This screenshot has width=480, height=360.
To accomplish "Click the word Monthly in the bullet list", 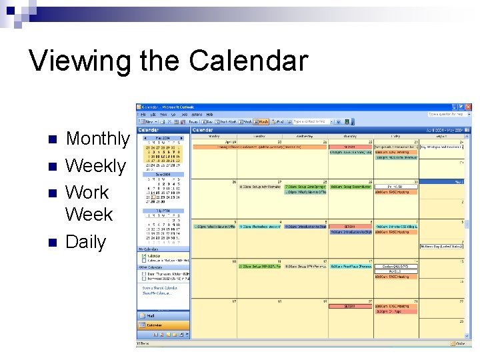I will [97, 139].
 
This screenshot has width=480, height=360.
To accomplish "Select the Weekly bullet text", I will [95, 165].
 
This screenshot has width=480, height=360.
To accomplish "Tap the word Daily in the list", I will [85, 242].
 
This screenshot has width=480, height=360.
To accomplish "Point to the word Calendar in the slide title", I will [248, 61].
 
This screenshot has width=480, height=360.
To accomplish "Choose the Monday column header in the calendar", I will [214, 136].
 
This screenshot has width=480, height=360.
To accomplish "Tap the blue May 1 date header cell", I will [441, 181].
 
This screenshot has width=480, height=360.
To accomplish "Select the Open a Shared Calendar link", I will [158, 288].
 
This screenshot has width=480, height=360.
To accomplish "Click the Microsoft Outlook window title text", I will [166, 107].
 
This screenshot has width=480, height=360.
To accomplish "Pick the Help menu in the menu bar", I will [209, 115].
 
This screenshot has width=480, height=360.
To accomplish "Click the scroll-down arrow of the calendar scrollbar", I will [469, 337].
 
